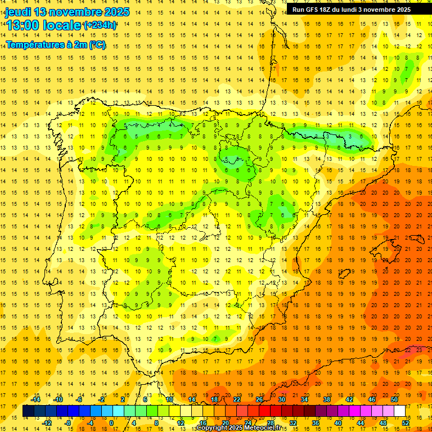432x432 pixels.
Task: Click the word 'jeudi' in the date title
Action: click(x=18, y=12)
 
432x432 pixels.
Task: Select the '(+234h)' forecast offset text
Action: click(x=100, y=25)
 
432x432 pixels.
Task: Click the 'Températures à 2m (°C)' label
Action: click(x=56, y=45)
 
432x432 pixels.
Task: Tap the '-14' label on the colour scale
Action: click(x=37, y=399)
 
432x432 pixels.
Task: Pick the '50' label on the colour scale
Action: click(x=394, y=399)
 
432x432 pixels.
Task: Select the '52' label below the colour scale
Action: click(x=406, y=422)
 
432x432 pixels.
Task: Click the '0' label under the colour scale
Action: click(x=111, y=422)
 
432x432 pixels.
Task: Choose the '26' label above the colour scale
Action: click(x=259, y=399)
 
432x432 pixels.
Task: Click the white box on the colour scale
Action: click(x=400, y=411)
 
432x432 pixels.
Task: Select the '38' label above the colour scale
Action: click(x=327, y=399)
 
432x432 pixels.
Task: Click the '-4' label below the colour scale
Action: click(x=89, y=422)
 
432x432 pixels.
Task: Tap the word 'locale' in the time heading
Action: click(x=61, y=25)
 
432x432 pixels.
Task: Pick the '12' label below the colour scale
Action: click(x=181, y=422)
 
